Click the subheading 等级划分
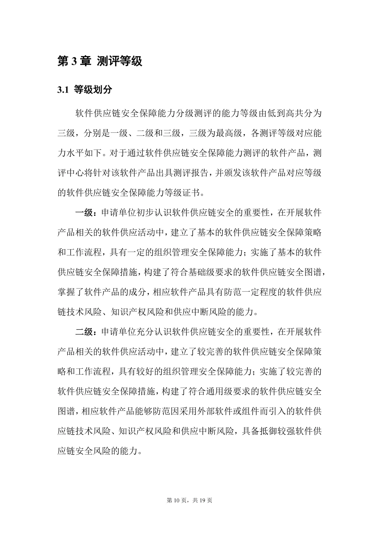pyautogui.click(x=93, y=90)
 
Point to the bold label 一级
pyautogui.click(x=84, y=213)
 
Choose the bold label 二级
pyautogui.click(x=84, y=332)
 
